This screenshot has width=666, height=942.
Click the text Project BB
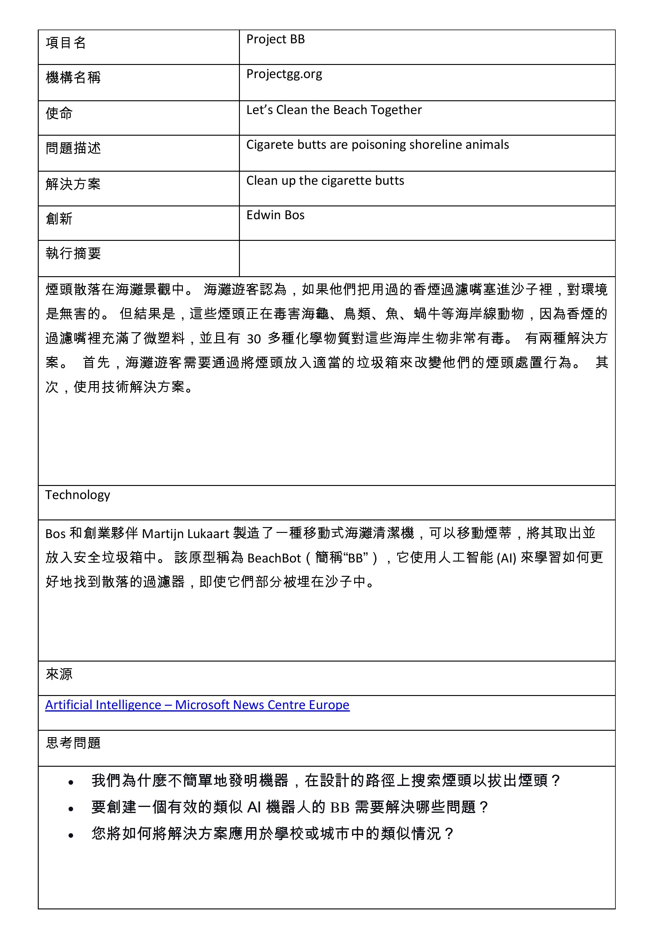[x=275, y=39]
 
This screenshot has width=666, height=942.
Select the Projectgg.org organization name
[x=284, y=74]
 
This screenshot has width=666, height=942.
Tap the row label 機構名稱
[x=73, y=77]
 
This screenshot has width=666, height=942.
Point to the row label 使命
[x=59, y=113]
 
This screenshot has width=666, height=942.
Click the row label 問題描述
[x=73, y=148]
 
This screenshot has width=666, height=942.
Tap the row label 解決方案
[x=73, y=184]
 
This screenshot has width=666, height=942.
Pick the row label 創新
[x=59, y=219]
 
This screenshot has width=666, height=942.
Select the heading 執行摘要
[x=73, y=254]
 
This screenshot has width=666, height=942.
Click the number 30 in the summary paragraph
[x=254, y=339]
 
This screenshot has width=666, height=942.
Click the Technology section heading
[x=77, y=495]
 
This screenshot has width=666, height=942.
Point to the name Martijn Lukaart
[x=185, y=534]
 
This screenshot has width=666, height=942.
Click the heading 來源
[x=59, y=674]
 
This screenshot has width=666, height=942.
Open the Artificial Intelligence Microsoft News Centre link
[x=197, y=705]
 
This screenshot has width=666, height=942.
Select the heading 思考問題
[x=73, y=743]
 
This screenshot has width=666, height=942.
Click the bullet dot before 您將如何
[x=71, y=835]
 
